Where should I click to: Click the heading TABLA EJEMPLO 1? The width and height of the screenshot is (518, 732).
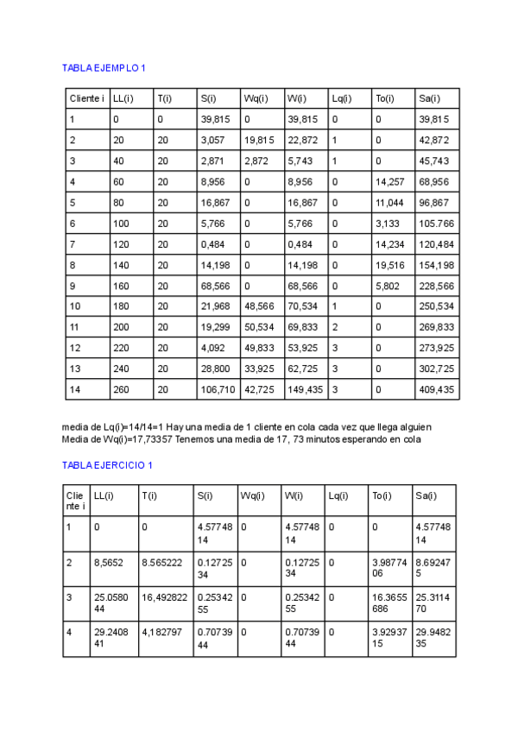point(108,67)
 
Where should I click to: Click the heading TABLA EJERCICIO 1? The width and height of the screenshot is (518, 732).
point(108,465)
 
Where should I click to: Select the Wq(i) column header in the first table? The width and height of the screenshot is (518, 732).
point(256,98)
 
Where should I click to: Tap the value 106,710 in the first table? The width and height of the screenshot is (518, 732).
point(218,389)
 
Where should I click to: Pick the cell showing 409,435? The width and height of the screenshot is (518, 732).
point(435,389)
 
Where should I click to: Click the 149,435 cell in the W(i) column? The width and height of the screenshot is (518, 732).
point(305,389)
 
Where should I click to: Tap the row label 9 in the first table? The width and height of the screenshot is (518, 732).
point(73,286)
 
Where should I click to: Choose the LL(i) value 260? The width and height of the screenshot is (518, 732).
point(120,389)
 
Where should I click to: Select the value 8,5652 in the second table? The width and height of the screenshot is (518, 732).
point(110,562)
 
